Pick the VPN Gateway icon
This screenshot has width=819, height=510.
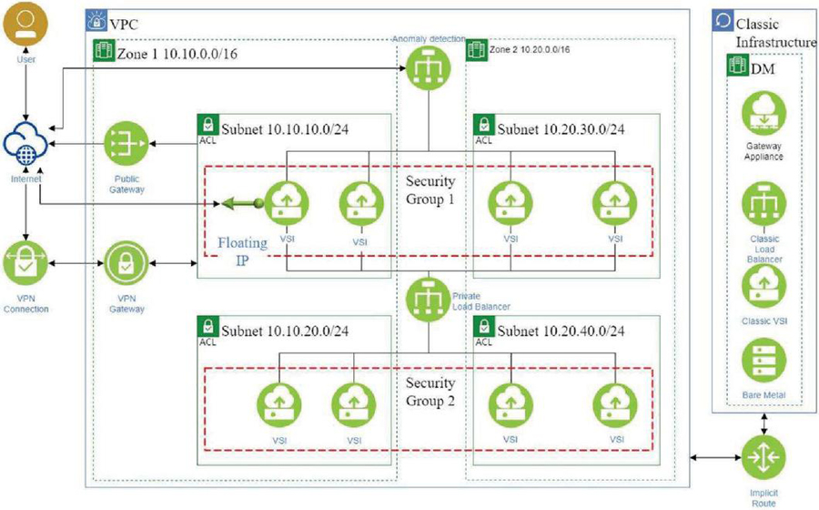point(126,265)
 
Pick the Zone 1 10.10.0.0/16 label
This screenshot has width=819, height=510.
point(177,54)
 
